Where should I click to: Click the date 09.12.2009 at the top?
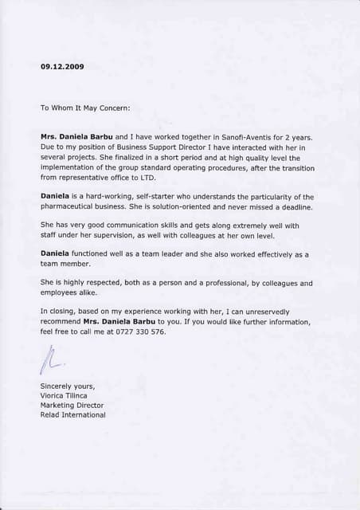point(61,67)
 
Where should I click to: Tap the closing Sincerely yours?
point(67,386)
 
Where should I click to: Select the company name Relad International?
point(72,414)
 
